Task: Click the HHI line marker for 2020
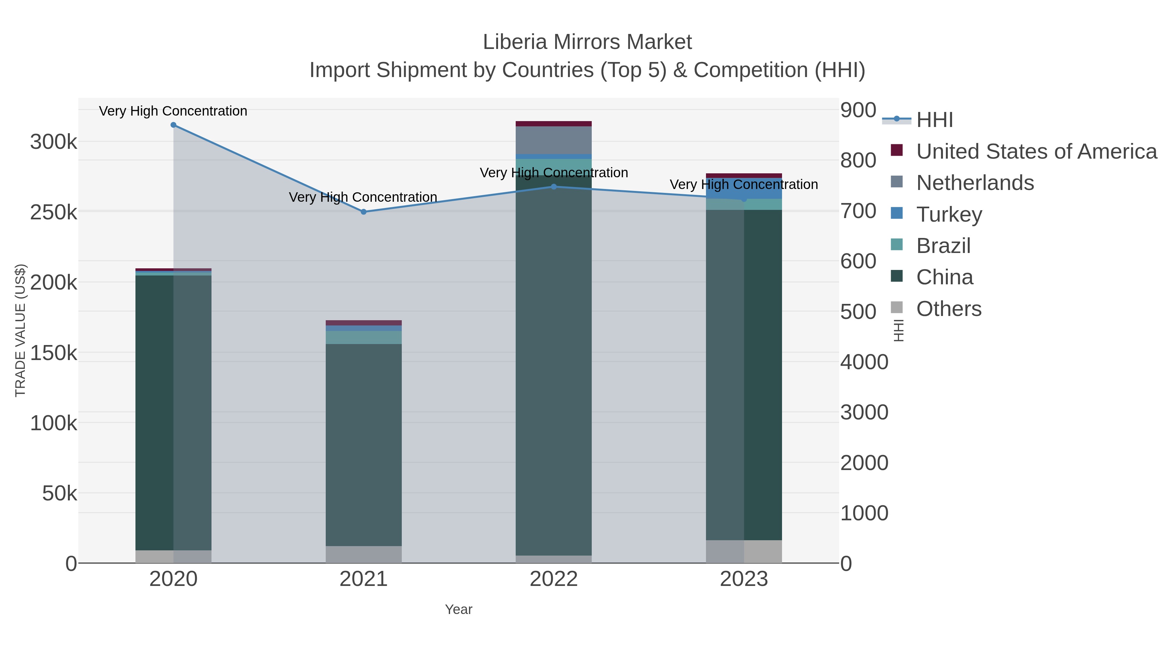point(173,125)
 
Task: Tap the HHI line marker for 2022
point(554,187)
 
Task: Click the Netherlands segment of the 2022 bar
point(554,140)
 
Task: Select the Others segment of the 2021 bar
point(364,554)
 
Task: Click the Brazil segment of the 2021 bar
point(364,338)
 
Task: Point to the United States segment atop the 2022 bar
point(554,124)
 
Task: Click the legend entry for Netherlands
point(975,183)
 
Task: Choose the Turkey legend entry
point(949,214)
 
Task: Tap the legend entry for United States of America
point(1036,151)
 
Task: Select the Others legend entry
point(949,309)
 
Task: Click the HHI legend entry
point(934,120)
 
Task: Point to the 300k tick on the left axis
point(54,142)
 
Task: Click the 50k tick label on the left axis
point(60,493)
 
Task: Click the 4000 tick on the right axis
point(864,362)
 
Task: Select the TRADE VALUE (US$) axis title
point(21,330)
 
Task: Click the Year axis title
point(459,609)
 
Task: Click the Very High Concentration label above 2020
point(173,111)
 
